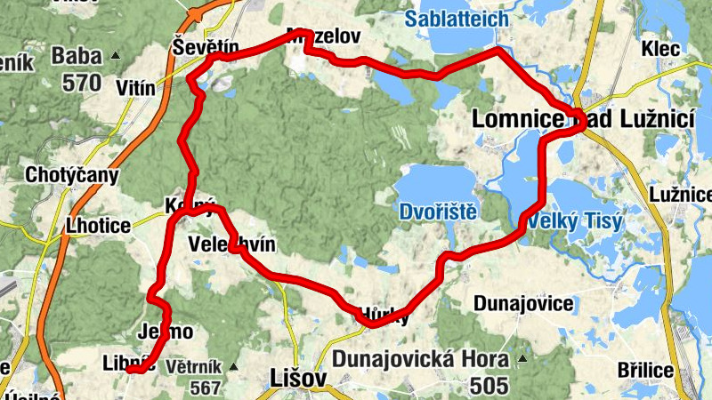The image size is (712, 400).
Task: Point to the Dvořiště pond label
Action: tap(439, 212)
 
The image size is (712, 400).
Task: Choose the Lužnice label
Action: tap(682, 193)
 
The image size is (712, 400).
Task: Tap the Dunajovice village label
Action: tap(523, 303)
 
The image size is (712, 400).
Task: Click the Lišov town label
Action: tap(294, 380)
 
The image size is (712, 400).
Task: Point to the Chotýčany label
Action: tap(72, 174)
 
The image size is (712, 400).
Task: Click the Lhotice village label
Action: tap(98, 225)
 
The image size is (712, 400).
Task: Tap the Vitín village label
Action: tap(136, 88)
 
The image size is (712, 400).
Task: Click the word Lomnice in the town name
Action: tap(518, 118)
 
